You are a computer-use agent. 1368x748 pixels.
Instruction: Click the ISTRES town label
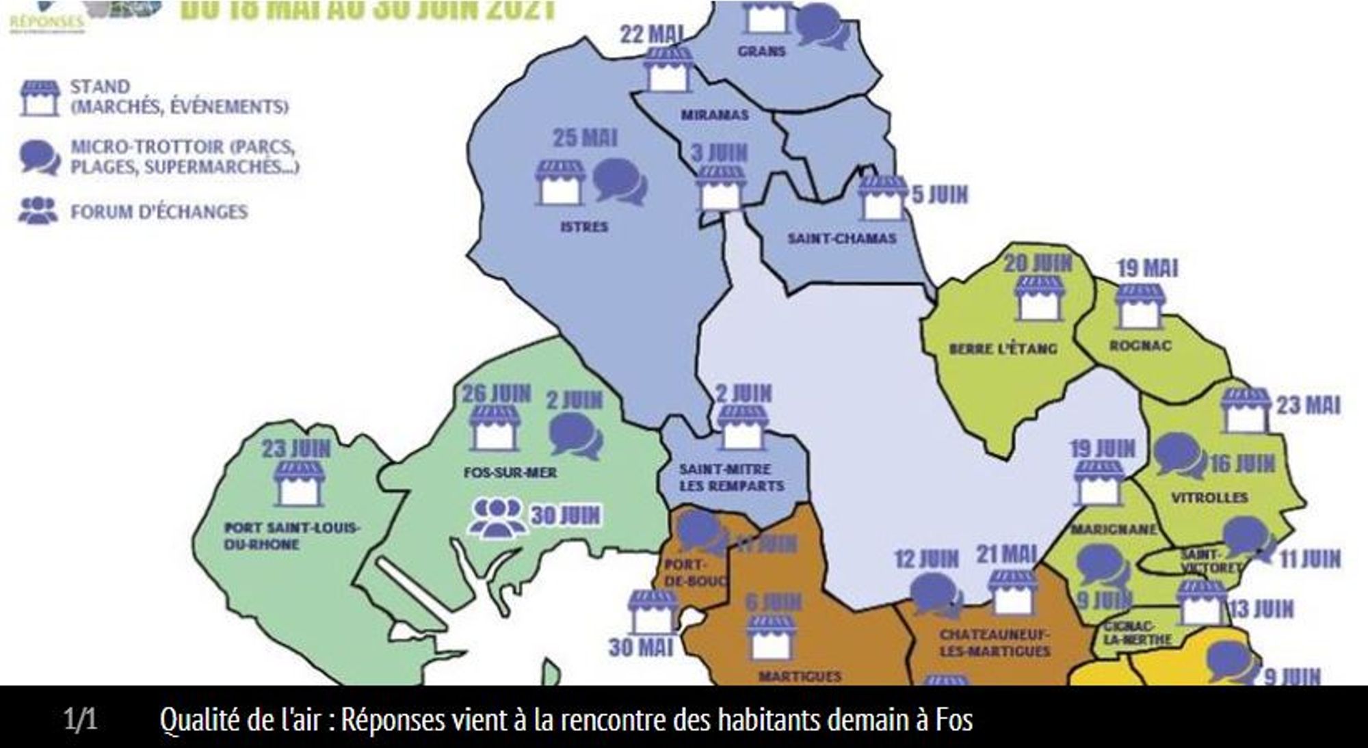583,227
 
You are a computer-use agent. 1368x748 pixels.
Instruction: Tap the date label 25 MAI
585,139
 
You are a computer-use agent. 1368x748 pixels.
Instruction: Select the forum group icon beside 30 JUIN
497,517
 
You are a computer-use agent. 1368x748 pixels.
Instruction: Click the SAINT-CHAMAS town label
841,239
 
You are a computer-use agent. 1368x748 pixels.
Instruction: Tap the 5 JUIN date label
940,195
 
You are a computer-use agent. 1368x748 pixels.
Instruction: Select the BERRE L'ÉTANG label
1003,349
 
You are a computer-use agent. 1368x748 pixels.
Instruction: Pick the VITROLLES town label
1209,498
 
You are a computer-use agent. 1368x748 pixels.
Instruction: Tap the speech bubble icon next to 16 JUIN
1179,455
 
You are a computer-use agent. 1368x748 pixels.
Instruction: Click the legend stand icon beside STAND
40,98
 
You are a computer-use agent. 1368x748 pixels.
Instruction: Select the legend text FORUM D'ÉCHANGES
159,212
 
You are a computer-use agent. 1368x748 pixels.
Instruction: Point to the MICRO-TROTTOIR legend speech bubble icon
40,157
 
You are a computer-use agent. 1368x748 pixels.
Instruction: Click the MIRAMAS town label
714,116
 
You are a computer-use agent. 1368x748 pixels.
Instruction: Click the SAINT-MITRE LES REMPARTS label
731,477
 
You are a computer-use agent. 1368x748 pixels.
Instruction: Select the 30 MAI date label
640,647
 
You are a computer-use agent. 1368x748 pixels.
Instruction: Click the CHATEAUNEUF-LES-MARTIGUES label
994,643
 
